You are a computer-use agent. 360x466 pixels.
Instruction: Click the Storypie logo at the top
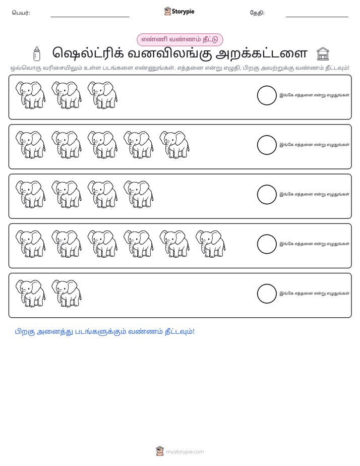point(179,11)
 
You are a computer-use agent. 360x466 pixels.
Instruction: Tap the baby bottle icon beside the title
point(36,54)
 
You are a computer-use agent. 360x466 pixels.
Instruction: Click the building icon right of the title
point(323,54)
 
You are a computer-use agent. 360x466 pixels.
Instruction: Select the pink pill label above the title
point(179,39)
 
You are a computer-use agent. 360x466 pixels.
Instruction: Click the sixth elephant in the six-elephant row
point(211,244)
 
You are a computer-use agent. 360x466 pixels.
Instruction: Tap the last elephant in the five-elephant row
point(174,145)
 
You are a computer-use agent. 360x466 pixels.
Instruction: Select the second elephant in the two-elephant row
point(67,294)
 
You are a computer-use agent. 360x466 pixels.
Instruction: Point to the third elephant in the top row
point(102,95)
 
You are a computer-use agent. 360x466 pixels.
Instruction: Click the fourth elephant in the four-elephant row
point(139,194)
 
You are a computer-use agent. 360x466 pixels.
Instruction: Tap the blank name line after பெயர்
point(90,17)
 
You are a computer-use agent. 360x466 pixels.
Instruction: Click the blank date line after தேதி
point(317,17)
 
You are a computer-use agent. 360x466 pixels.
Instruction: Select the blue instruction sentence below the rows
point(104,332)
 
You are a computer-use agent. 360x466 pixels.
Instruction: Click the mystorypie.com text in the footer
point(185,452)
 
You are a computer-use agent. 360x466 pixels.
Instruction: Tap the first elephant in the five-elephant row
point(31,145)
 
